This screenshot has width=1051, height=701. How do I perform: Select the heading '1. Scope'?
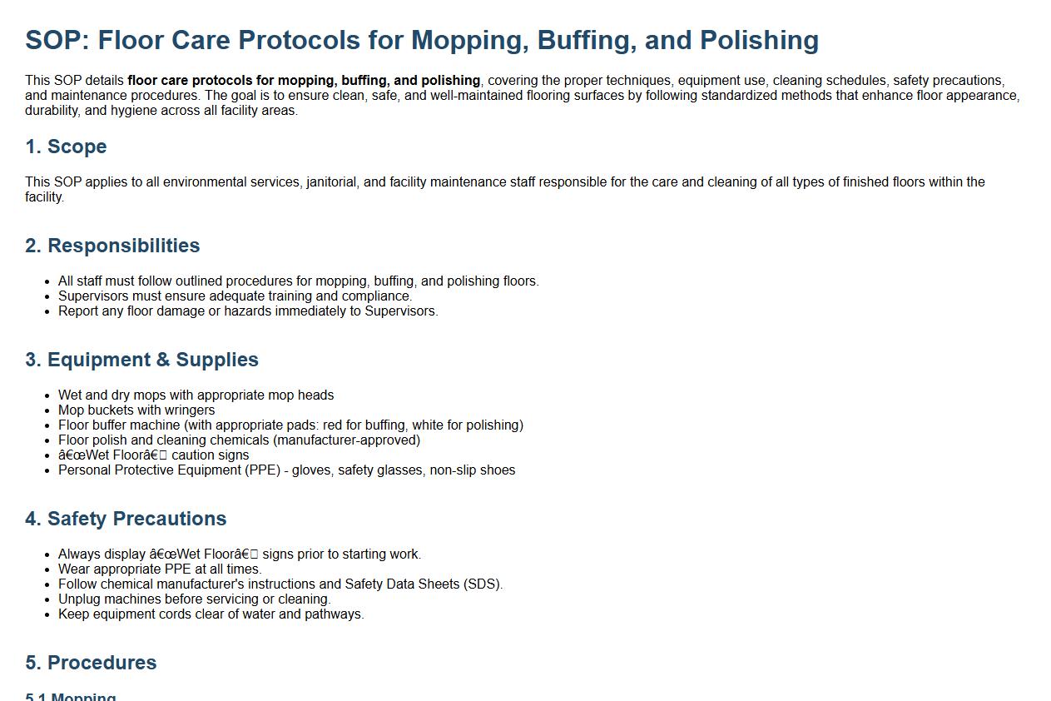pos(66,147)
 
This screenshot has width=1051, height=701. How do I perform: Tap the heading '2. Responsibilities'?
pos(112,246)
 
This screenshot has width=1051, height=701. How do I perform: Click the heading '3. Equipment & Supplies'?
pos(141,360)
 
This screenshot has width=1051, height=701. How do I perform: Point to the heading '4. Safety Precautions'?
pos(126,519)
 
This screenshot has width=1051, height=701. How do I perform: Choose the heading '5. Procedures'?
pos(91,663)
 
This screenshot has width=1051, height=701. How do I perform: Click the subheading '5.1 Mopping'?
pos(71,697)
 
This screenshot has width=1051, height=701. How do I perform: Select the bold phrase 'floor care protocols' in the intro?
pos(190,81)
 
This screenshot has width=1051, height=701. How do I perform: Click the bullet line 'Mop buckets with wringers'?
pos(136,410)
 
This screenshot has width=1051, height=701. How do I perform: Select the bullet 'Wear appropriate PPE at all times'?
pos(160,569)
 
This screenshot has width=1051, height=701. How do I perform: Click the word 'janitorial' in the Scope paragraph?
pos(334,182)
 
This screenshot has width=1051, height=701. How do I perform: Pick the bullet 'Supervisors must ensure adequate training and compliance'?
pos(235,296)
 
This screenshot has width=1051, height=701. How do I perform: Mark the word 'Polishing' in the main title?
pos(759,41)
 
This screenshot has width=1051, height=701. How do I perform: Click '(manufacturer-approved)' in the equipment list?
pos(347,440)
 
